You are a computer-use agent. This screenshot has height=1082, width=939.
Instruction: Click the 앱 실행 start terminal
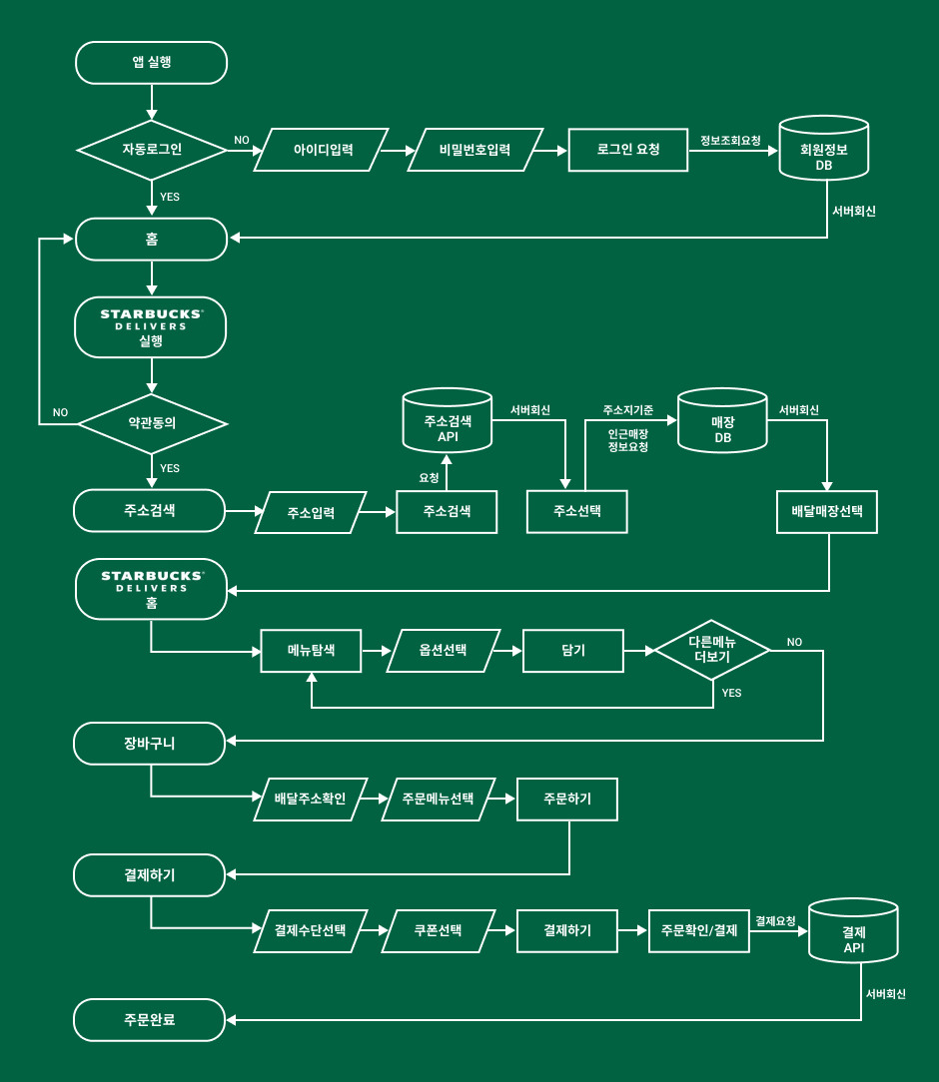[x=151, y=63]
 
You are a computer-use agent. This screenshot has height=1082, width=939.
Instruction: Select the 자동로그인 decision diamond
[x=152, y=150]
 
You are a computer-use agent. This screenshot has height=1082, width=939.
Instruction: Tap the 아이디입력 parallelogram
[x=321, y=150]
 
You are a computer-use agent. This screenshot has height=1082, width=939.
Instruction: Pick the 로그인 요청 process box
[x=628, y=150]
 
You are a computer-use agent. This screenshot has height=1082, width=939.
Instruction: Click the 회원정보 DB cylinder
[x=824, y=149]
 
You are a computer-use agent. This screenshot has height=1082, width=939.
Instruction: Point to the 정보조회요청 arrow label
[x=730, y=140]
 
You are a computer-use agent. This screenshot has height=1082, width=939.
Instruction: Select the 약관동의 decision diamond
[x=152, y=423]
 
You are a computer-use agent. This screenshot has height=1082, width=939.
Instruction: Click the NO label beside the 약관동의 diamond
[x=60, y=412]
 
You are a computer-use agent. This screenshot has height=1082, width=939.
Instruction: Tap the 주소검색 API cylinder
[x=448, y=420]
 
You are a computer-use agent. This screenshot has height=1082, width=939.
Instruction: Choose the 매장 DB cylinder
[x=723, y=421]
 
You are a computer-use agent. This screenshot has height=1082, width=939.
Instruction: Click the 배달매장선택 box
[x=827, y=512]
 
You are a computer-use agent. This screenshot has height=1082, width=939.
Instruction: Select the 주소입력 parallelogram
[x=311, y=513]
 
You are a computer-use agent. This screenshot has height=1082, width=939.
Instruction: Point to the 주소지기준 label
[x=628, y=410]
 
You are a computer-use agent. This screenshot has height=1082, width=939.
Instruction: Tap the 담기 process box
[x=573, y=651]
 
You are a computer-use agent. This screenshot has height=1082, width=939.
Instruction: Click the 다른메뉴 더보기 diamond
[x=712, y=650]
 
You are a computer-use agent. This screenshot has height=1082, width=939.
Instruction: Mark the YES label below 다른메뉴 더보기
[x=732, y=693]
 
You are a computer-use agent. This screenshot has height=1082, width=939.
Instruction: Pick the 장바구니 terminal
[x=150, y=744]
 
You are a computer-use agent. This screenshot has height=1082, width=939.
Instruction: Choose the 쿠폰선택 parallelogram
[x=439, y=931]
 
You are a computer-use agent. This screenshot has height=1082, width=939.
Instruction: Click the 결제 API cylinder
[x=853, y=931]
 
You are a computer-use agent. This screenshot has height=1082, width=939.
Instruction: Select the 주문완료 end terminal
[x=150, y=1020]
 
